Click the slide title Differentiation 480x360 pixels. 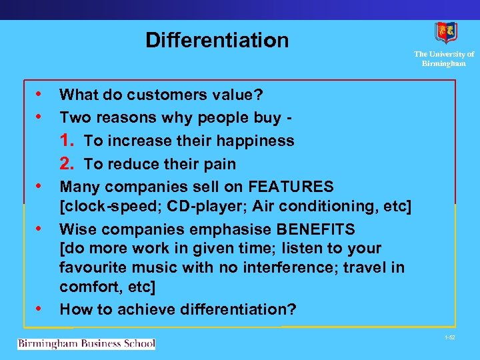coord(217,41)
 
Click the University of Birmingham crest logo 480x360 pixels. coord(445,33)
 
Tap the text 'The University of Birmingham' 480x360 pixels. coord(444,59)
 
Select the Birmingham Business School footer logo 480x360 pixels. coord(86,344)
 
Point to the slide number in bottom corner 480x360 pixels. coord(449,339)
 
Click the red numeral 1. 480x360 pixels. coord(66,141)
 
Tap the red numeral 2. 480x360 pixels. coord(66,164)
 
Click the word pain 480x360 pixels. coord(221,164)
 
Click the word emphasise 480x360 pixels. coord(213,229)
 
